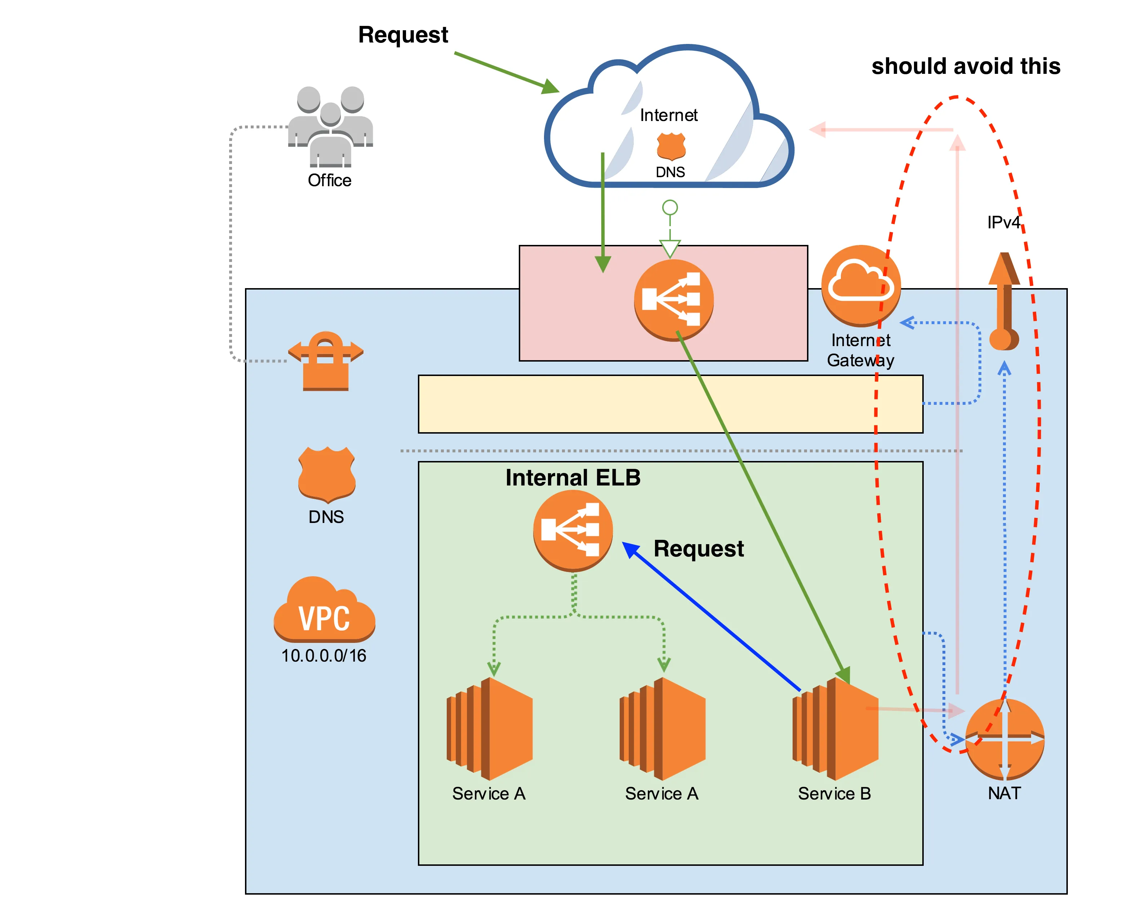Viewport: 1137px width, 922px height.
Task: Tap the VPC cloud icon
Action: click(x=324, y=611)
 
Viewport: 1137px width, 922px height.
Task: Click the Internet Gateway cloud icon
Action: click(x=861, y=285)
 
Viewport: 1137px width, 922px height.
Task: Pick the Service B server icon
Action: click(x=835, y=729)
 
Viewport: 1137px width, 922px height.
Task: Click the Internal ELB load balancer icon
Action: click(x=573, y=530)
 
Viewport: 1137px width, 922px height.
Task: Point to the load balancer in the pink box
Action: click(x=674, y=300)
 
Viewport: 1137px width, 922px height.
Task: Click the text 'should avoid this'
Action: click(x=966, y=66)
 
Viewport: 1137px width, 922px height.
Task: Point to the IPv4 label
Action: click(x=1003, y=222)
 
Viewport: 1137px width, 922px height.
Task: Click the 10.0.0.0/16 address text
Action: click(x=324, y=655)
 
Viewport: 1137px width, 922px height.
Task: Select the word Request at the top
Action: click(x=403, y=35)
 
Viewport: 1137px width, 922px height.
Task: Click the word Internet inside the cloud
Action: click(x=668, y=115)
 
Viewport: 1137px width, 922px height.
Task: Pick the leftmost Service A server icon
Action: click(x=489, y=729)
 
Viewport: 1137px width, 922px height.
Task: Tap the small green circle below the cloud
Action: click(x=670, y=207)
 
